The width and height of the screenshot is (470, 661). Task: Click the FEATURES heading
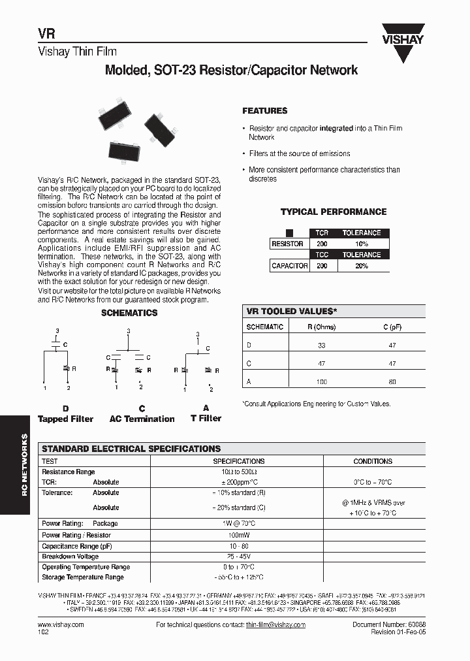265,111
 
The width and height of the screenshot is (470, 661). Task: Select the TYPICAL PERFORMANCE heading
333,212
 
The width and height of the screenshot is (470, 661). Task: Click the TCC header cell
322,255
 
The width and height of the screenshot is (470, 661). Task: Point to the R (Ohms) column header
321,327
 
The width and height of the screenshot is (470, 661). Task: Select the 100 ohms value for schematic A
321,381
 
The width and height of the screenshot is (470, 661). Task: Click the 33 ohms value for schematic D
321,345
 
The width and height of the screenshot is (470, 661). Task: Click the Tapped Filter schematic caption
65,419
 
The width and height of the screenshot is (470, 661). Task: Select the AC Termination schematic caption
142,419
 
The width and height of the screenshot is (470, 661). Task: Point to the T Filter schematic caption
206,418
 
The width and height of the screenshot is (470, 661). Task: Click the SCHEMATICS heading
129,313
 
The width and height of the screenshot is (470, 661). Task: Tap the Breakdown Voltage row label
70,556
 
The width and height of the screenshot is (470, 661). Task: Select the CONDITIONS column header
373,461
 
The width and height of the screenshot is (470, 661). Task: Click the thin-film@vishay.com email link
275,625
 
